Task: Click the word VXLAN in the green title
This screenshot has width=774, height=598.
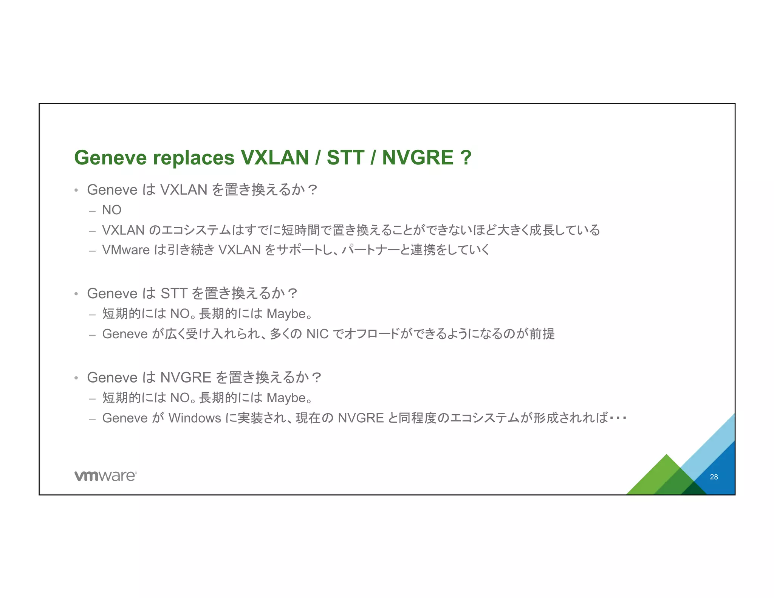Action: coord(275,158)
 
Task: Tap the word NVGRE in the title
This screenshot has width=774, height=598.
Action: coord(417,158)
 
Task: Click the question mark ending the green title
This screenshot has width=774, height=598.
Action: coord(466,158)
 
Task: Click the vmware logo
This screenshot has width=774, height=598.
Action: coord(105,476)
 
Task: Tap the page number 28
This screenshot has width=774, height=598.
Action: coord(714,477)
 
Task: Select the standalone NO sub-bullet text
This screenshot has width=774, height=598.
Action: coord(111,210)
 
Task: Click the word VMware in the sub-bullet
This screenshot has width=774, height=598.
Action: coord(126,250)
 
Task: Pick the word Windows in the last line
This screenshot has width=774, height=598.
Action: coord(195,418)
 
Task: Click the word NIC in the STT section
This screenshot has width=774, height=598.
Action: coord(317,334)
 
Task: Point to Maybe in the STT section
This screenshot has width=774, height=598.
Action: coord(286,314)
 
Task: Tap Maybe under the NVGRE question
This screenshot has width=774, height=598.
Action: coord(286,398)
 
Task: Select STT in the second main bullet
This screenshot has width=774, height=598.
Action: coord(174,293)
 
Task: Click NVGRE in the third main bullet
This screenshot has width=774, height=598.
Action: coord(186,378)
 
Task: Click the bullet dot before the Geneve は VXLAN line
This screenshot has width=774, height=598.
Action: coord(76,190)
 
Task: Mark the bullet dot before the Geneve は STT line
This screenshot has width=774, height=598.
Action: coord(76,294)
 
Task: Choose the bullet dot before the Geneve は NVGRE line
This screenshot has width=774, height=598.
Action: coord(76,378)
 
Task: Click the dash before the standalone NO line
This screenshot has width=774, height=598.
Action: coord(92,211)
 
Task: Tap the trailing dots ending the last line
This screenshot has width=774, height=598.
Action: coord(618,418)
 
